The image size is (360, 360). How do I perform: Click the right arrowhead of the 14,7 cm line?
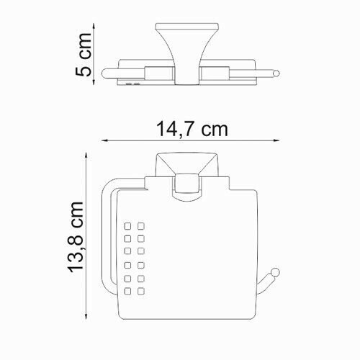point(282,140)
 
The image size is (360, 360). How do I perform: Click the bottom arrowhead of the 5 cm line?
point(94,84)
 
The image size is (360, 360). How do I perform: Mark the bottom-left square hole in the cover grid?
point(127,292)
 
